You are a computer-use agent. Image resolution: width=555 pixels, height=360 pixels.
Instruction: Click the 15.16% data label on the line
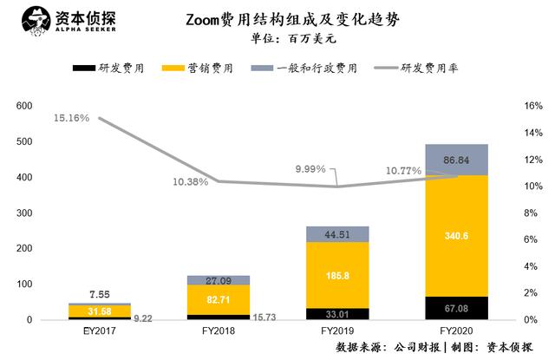tap(70, 118)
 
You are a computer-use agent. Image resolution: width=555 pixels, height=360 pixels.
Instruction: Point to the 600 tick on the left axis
tap(23, 106)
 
